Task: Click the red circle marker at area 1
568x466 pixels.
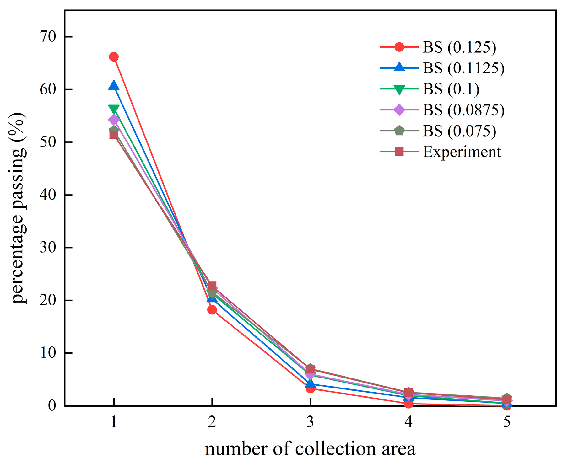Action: (x=114, y=57)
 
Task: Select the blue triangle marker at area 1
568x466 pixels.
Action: (x=114, y=85)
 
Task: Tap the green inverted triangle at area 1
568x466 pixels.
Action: (x=114, y=109)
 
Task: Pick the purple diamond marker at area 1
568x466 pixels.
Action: (x=114, y=120)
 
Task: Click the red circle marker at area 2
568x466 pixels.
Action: (x=212, y=310)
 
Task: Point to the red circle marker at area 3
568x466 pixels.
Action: (x=310, y=388)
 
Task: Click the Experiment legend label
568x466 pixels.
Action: (x=462, y=152)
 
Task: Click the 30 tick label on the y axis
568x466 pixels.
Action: (x=48, y=248)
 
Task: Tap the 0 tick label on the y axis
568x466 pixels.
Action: (x=52, y=405)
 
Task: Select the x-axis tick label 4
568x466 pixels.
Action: (x=408, y=422)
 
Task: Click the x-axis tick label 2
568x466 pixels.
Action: (x=212, y=422)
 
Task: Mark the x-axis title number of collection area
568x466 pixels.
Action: (x=310, y=449)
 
